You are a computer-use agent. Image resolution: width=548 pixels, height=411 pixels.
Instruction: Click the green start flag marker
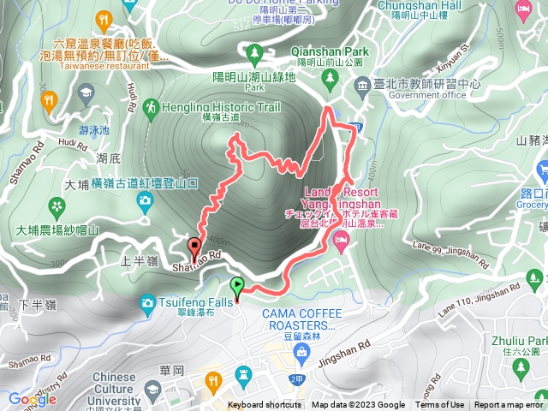pyautogui.click(x=237, y=288)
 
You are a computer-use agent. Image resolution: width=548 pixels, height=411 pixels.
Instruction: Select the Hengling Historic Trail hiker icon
pyautogui.click(x=152, y=108)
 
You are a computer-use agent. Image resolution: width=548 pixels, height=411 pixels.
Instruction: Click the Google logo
pyautogui.click(x=33, y=399)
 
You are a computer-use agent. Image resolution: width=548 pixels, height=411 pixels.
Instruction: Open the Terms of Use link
pyautogui.click(x=440, y=405)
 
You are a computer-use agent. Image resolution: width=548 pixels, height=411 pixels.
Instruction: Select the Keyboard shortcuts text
pyautogui.click(x=265, y=405)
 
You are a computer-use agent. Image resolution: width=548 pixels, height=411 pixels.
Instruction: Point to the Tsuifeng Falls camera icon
pyautogui.click(x=146, y=301)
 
